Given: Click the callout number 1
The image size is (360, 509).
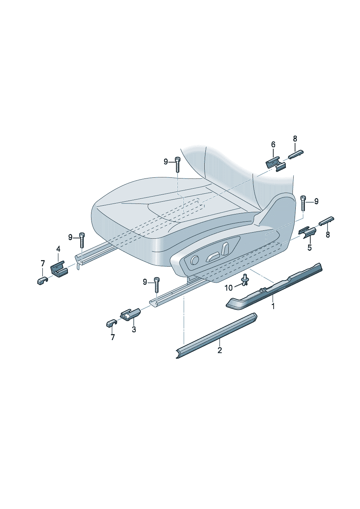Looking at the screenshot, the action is click(273, 306).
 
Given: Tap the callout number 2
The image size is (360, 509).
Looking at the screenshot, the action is click(220, 350).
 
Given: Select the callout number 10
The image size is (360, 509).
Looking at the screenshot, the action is click(229, 288).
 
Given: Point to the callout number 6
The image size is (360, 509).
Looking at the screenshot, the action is click(273, 144).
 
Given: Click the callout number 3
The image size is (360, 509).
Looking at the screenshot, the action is click(134, 329).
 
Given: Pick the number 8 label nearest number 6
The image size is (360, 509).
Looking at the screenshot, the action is click(295, 139).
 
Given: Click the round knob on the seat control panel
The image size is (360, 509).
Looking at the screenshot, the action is click(195, 260).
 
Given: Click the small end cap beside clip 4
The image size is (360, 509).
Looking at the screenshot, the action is click(42, 281).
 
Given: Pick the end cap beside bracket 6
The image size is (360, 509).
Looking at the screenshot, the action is click(296, 155).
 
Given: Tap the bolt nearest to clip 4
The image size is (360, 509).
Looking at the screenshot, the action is click(81, 240).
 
